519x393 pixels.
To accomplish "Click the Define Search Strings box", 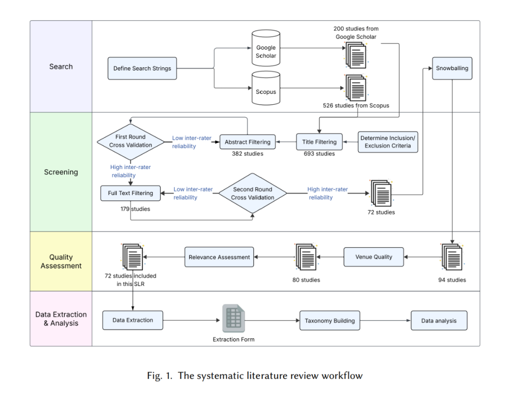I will click(142, 69).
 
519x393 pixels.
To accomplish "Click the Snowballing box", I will click(452, 68).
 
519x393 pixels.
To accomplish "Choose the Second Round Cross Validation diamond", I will click(253, 194).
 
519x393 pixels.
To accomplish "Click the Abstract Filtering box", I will click(247, 142).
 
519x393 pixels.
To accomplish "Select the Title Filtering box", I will click(319, 142).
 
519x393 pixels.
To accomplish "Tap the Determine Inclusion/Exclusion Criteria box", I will click(388, 142).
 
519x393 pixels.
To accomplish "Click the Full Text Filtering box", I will click(130, 193).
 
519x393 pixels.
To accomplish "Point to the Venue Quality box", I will click(373, 257).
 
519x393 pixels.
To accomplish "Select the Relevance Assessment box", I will click(219, 257).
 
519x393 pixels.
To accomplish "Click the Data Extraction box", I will click(133, 320).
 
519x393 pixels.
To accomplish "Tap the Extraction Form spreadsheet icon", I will click(234, 319).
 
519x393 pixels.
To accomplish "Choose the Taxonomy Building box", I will click(330, 321).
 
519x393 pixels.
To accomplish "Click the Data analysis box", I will click(439, 321).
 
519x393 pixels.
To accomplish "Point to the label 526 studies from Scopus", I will click(356, 105).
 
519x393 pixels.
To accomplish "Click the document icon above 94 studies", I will click(452, 257).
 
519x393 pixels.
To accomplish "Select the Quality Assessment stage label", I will click(61, 261).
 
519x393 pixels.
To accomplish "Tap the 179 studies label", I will click(136, 209).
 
